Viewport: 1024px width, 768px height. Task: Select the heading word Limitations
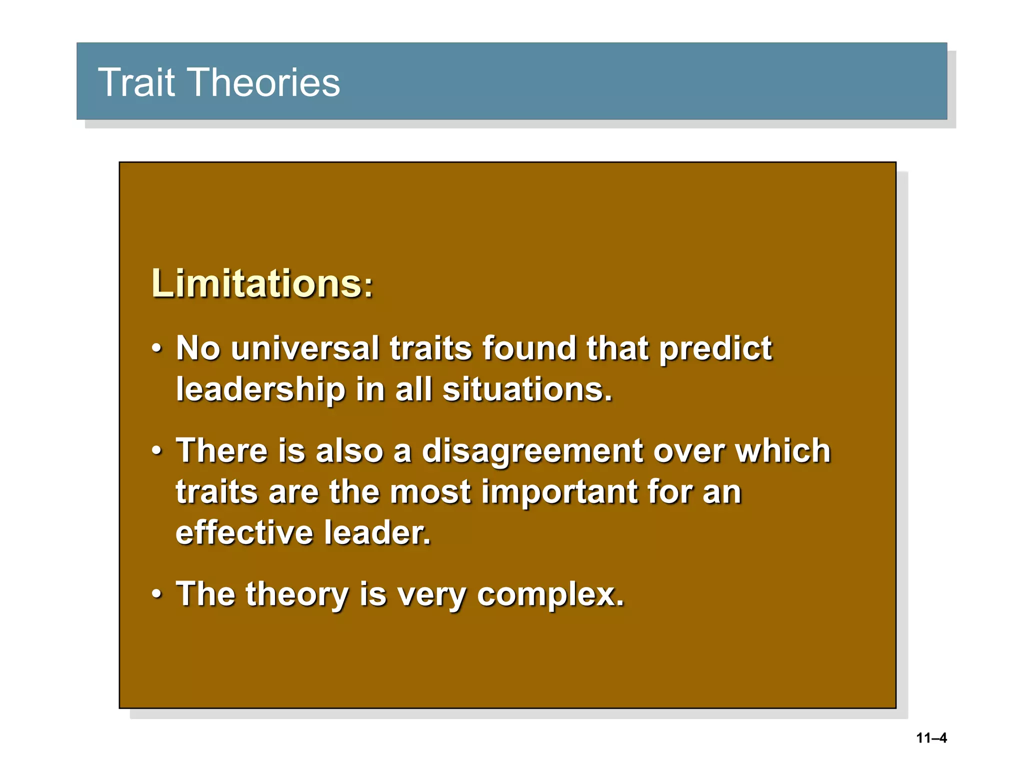click(x=256, y=283)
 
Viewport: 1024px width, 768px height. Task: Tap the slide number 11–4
click(x=931, y=738)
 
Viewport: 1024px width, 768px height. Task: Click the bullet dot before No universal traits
click(x=157, y=348)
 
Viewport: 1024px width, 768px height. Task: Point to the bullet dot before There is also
click(x=157, y=451)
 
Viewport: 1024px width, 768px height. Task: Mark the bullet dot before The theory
click(x=157, y=594)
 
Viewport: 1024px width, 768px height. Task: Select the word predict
click(x=715, y=349)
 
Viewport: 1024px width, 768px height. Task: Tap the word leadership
click(x=260, y=389)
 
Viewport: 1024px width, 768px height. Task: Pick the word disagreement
click(x=532, y=451)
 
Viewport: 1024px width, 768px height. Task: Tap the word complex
click(x=549, y=595)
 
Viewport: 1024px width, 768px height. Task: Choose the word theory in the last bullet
click(x=297, y=595)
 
